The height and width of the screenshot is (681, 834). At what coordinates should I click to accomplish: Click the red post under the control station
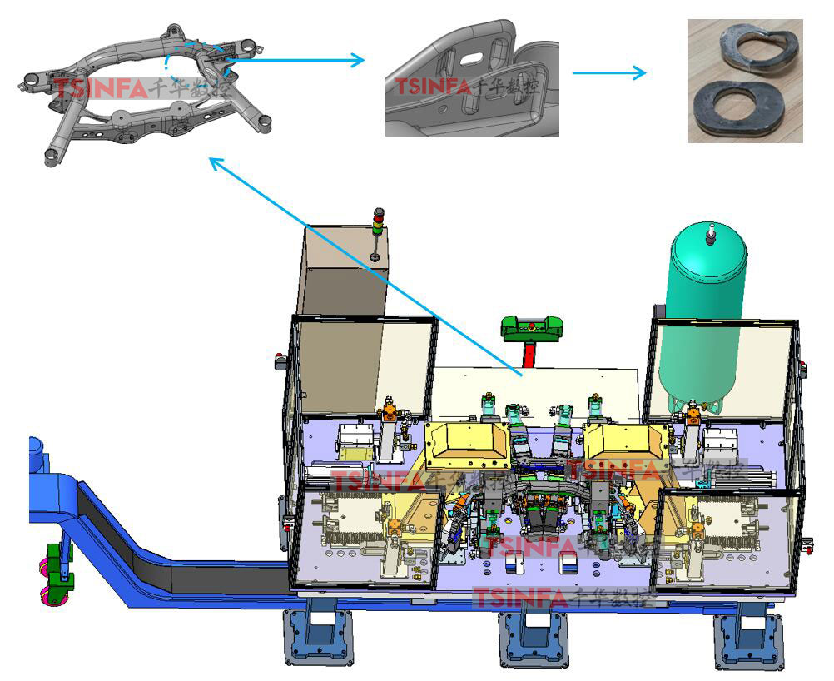529,355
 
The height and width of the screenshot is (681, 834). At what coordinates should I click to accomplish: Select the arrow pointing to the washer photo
609,72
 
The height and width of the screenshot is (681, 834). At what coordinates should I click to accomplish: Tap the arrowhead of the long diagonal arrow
213,162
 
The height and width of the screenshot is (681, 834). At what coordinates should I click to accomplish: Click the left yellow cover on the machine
466,445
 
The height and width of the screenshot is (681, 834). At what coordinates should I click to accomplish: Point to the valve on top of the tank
710,235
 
